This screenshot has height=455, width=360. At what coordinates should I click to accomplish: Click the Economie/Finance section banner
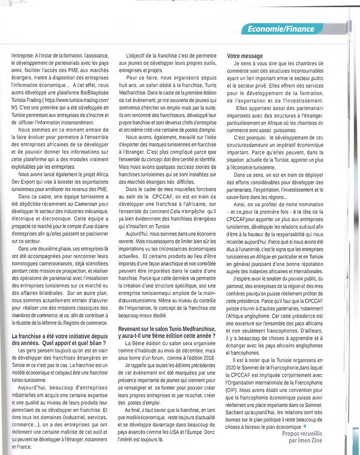pos(281,29)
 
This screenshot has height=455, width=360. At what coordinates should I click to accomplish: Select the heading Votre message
pos(245,56)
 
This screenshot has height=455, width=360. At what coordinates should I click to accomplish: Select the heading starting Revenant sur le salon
pos(167,332)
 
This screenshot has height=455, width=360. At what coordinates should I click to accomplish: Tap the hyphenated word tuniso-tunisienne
pos(29,380)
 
